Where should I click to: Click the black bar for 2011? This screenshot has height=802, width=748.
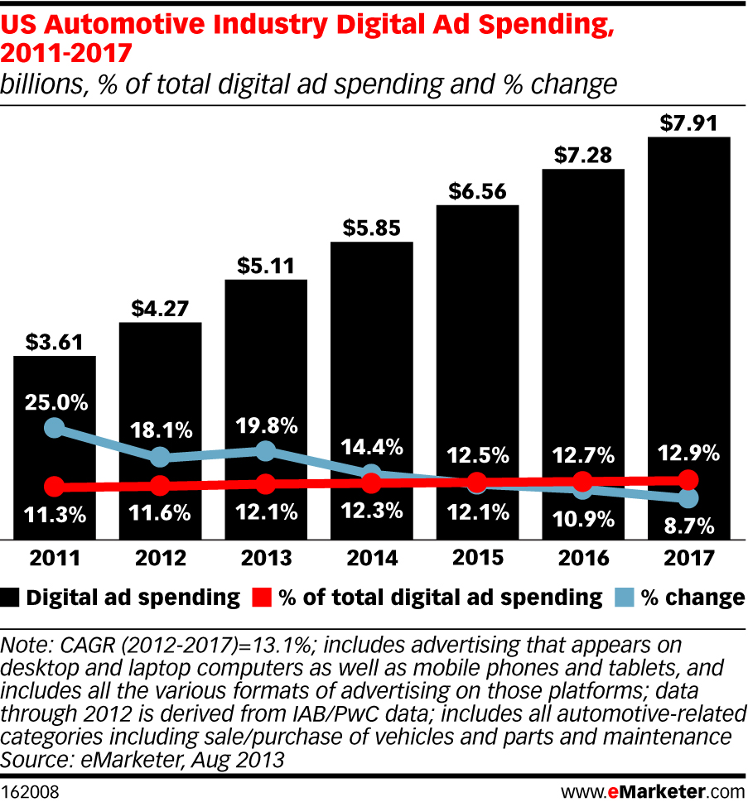click(x=55, y=447)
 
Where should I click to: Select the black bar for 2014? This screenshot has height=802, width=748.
click(x=372, y=389)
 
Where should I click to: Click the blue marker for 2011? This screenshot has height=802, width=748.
click(x=55, y=428)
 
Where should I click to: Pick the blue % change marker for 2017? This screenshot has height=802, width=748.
click(x=689, y=498)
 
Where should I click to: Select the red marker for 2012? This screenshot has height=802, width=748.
click(x=161, y=485)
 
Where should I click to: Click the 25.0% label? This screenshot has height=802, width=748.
click(x=55, y=404)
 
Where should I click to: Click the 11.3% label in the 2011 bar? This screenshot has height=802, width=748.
click(x=55, y=513)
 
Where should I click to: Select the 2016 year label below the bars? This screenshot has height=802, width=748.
click(x=583, y=559)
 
